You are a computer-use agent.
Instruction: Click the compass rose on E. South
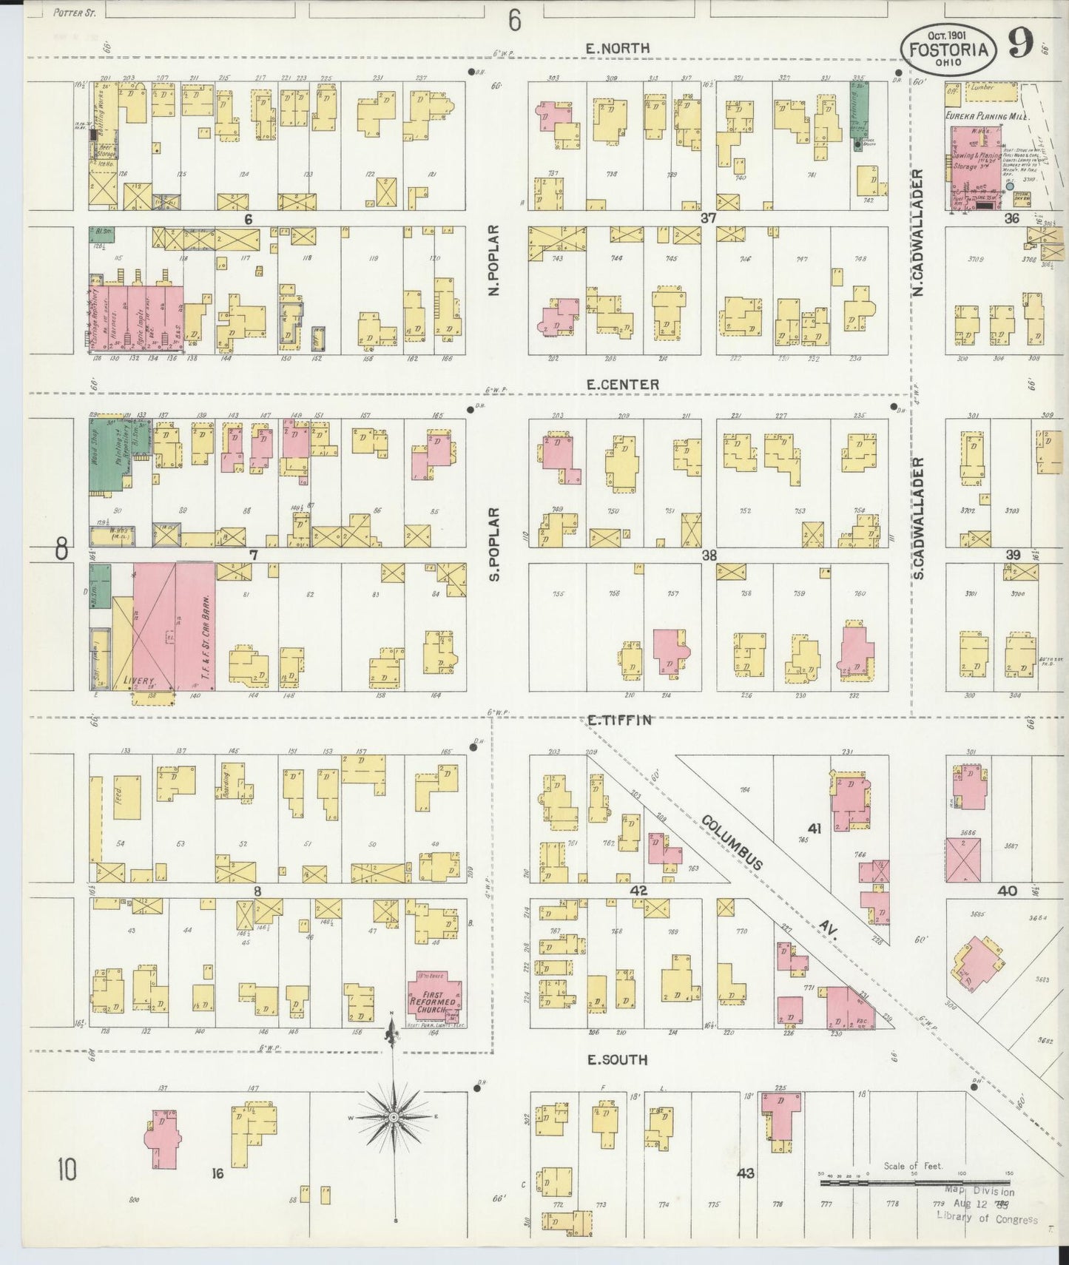[394, 1116]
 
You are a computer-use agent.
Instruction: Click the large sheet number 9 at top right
[1020, 46]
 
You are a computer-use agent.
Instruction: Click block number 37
[708, 219]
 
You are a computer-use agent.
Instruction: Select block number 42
[638, 891]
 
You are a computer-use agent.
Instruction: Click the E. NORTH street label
[617, 49]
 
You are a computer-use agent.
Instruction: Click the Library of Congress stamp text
[987, 1219]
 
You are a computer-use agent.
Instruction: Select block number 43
[745, 1173]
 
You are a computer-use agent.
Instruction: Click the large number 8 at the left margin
[61, 550]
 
